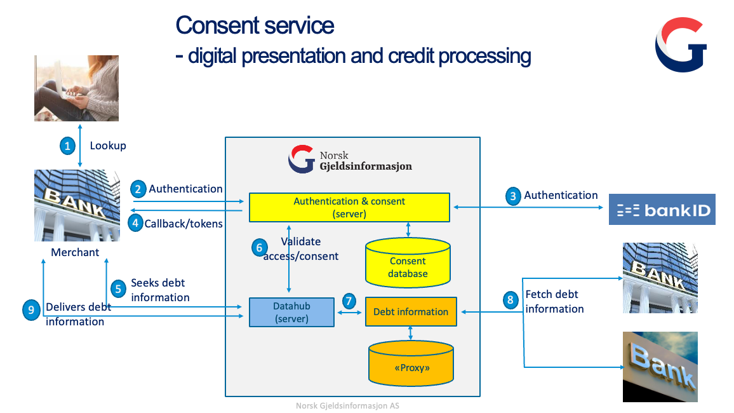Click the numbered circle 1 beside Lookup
68,146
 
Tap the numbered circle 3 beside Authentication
512,196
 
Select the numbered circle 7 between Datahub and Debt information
349,301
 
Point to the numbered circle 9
31,310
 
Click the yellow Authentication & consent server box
349,208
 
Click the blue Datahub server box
291,312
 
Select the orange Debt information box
410,312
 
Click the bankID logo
662,210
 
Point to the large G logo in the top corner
681,44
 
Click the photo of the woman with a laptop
76,88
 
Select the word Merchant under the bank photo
75,252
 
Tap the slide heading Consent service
255,25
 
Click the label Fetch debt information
554,302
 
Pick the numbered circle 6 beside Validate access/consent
258,248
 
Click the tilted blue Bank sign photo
660,367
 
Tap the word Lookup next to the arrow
108,146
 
